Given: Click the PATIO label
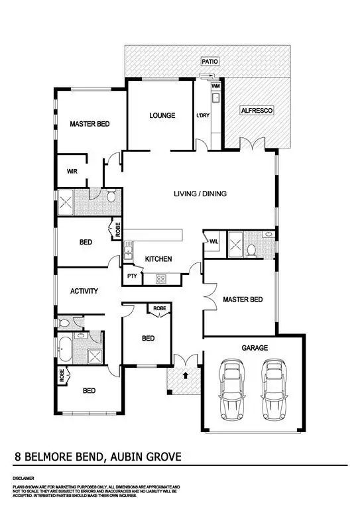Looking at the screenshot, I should pos(210,61).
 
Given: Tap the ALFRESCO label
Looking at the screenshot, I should pos(256,110).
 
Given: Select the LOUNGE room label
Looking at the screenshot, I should pos(162,115).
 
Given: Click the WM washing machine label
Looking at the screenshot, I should pos(215,86).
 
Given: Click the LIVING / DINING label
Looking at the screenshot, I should pos(200,194).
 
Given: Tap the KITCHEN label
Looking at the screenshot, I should pos(159,258).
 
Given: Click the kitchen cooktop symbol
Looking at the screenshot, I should pos(160,279).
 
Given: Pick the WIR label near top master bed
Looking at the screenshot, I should pos(72,171).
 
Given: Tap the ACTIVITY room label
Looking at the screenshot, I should pos(84,291).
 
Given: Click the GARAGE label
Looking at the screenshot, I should pos(254,347).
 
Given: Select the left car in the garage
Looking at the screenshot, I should pos(232,390).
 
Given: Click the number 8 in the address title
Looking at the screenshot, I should pos(18,457).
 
